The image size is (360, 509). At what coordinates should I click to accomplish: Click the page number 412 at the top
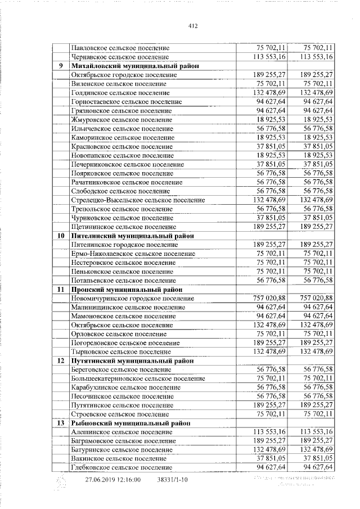pyautogui.click(x=193, y=26)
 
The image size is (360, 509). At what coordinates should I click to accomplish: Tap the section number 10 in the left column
pyautogui.click(x=61, y=236)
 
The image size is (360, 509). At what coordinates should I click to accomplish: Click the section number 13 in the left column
pyautogui.click(x=61, y=422)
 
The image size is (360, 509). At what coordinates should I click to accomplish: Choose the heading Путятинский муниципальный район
pyautogui.click(x=132, y=361)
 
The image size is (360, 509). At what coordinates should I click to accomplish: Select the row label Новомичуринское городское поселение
pyautogui.click(x=133, y=298)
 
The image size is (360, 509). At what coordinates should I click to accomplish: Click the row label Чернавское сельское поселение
pyautogui.click(x=120, y=57)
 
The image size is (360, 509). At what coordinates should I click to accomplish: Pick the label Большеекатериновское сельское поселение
pyautogui.click(x=138, y=379)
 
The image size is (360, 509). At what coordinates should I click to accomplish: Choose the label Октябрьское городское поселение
pyautogui.click(x=124, y=75)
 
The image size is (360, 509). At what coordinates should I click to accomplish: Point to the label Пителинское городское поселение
pyautogui.click(x=124, y=245)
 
